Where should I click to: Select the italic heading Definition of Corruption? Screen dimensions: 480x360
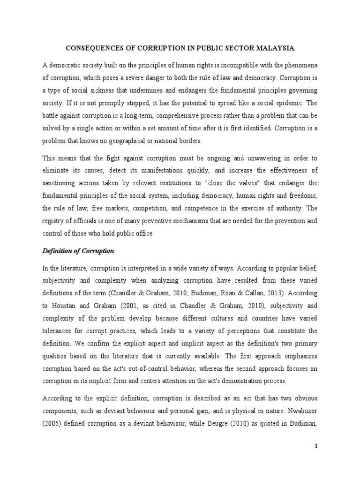pyautogui.click(x=78, y=251)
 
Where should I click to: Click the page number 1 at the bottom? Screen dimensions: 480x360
pyautogui.click(x=316, y=447)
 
